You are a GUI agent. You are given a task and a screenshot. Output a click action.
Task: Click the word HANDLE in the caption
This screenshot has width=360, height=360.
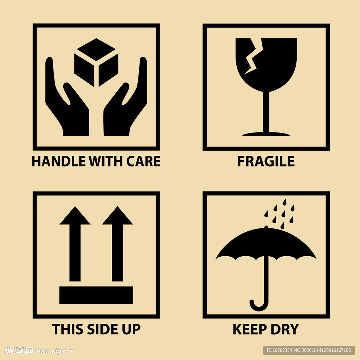click(59, 161)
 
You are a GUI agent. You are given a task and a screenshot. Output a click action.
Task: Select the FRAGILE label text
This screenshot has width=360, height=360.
click(266, 161)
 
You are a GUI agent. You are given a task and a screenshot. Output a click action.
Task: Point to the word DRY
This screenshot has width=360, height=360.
click(285, 329)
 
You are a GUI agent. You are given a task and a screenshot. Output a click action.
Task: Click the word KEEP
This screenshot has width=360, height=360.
click(250, 329)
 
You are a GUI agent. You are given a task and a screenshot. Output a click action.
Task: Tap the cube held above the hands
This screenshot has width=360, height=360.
click(96, 63)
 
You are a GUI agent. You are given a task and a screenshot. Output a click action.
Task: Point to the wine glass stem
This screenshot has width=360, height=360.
click(266, 112)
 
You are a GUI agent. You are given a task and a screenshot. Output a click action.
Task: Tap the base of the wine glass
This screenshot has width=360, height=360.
click(266, 134)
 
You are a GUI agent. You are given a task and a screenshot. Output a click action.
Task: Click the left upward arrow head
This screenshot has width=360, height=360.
click(75, 216)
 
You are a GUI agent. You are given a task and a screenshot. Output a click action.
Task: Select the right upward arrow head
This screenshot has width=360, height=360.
click(117, 216)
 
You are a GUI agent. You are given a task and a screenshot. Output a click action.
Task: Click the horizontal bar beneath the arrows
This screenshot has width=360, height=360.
click(96, 295)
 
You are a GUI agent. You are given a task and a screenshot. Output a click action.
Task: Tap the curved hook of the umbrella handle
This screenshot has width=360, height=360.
click(259, 306)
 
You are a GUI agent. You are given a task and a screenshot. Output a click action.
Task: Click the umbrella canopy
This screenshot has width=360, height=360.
click(266, 245)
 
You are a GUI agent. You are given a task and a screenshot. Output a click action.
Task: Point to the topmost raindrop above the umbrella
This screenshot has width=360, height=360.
click(284, 202)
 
